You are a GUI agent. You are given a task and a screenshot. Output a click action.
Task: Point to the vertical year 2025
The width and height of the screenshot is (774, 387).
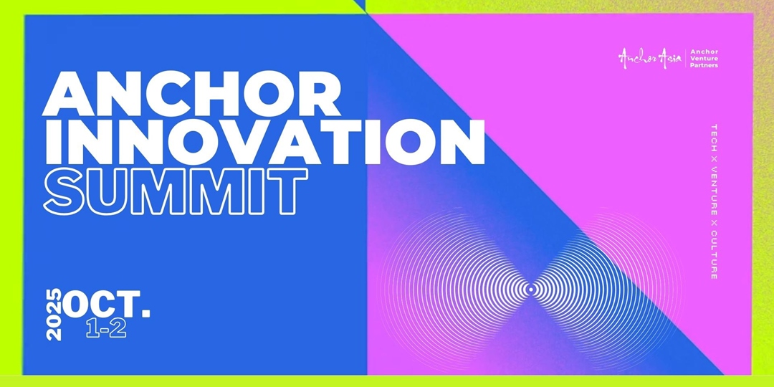coord(54,315)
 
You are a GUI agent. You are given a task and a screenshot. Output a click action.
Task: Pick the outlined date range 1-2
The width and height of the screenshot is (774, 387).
coord(106,330)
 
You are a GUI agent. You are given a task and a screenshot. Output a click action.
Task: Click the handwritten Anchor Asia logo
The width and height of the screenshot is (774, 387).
coord(650,58)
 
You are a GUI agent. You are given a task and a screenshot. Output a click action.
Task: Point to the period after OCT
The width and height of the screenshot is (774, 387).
coord(145,313)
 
